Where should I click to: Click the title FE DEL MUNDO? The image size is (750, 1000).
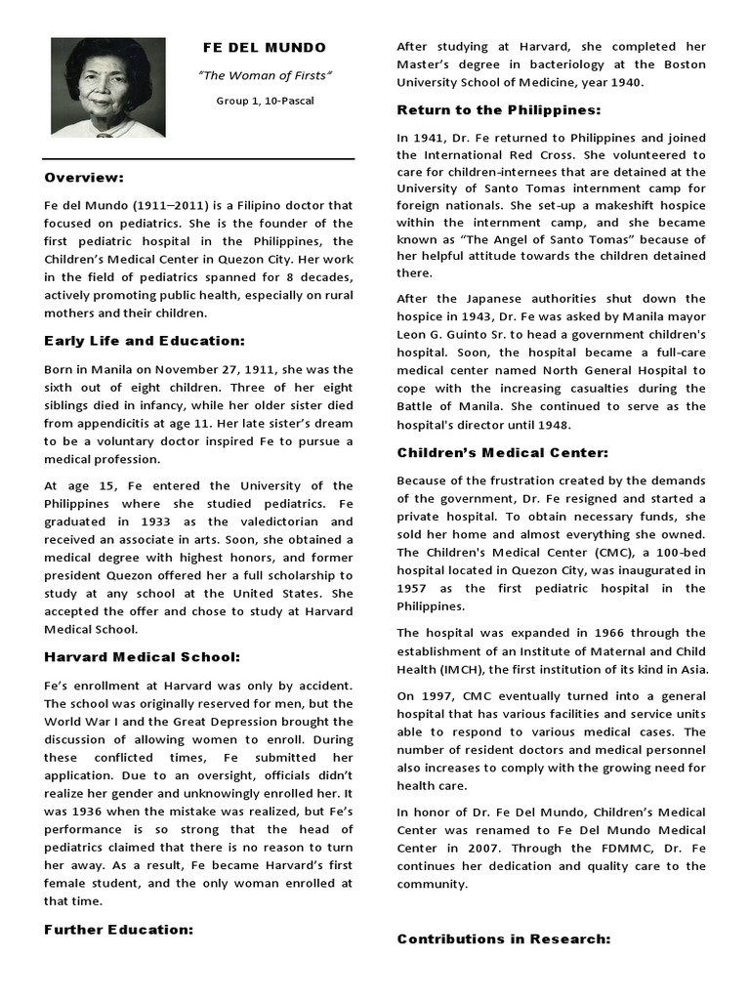(x=264, y=48)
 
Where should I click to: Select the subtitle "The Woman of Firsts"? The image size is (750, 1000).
(x=265, y=75)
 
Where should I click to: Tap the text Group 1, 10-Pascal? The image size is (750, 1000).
(x=265, y=101)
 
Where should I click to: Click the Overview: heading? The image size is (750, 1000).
(x=84, y=178)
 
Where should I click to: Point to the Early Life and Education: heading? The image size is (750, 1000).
(x=144, y=341)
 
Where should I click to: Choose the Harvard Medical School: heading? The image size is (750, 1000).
(x=143, y=656)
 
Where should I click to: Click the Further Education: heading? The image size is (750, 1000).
(x=118, y=930)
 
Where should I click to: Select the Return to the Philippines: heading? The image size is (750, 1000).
(x=498, y=109)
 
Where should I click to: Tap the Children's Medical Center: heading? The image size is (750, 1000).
(x=502, y=452)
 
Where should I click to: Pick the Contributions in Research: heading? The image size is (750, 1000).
(x=503, y=938)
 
